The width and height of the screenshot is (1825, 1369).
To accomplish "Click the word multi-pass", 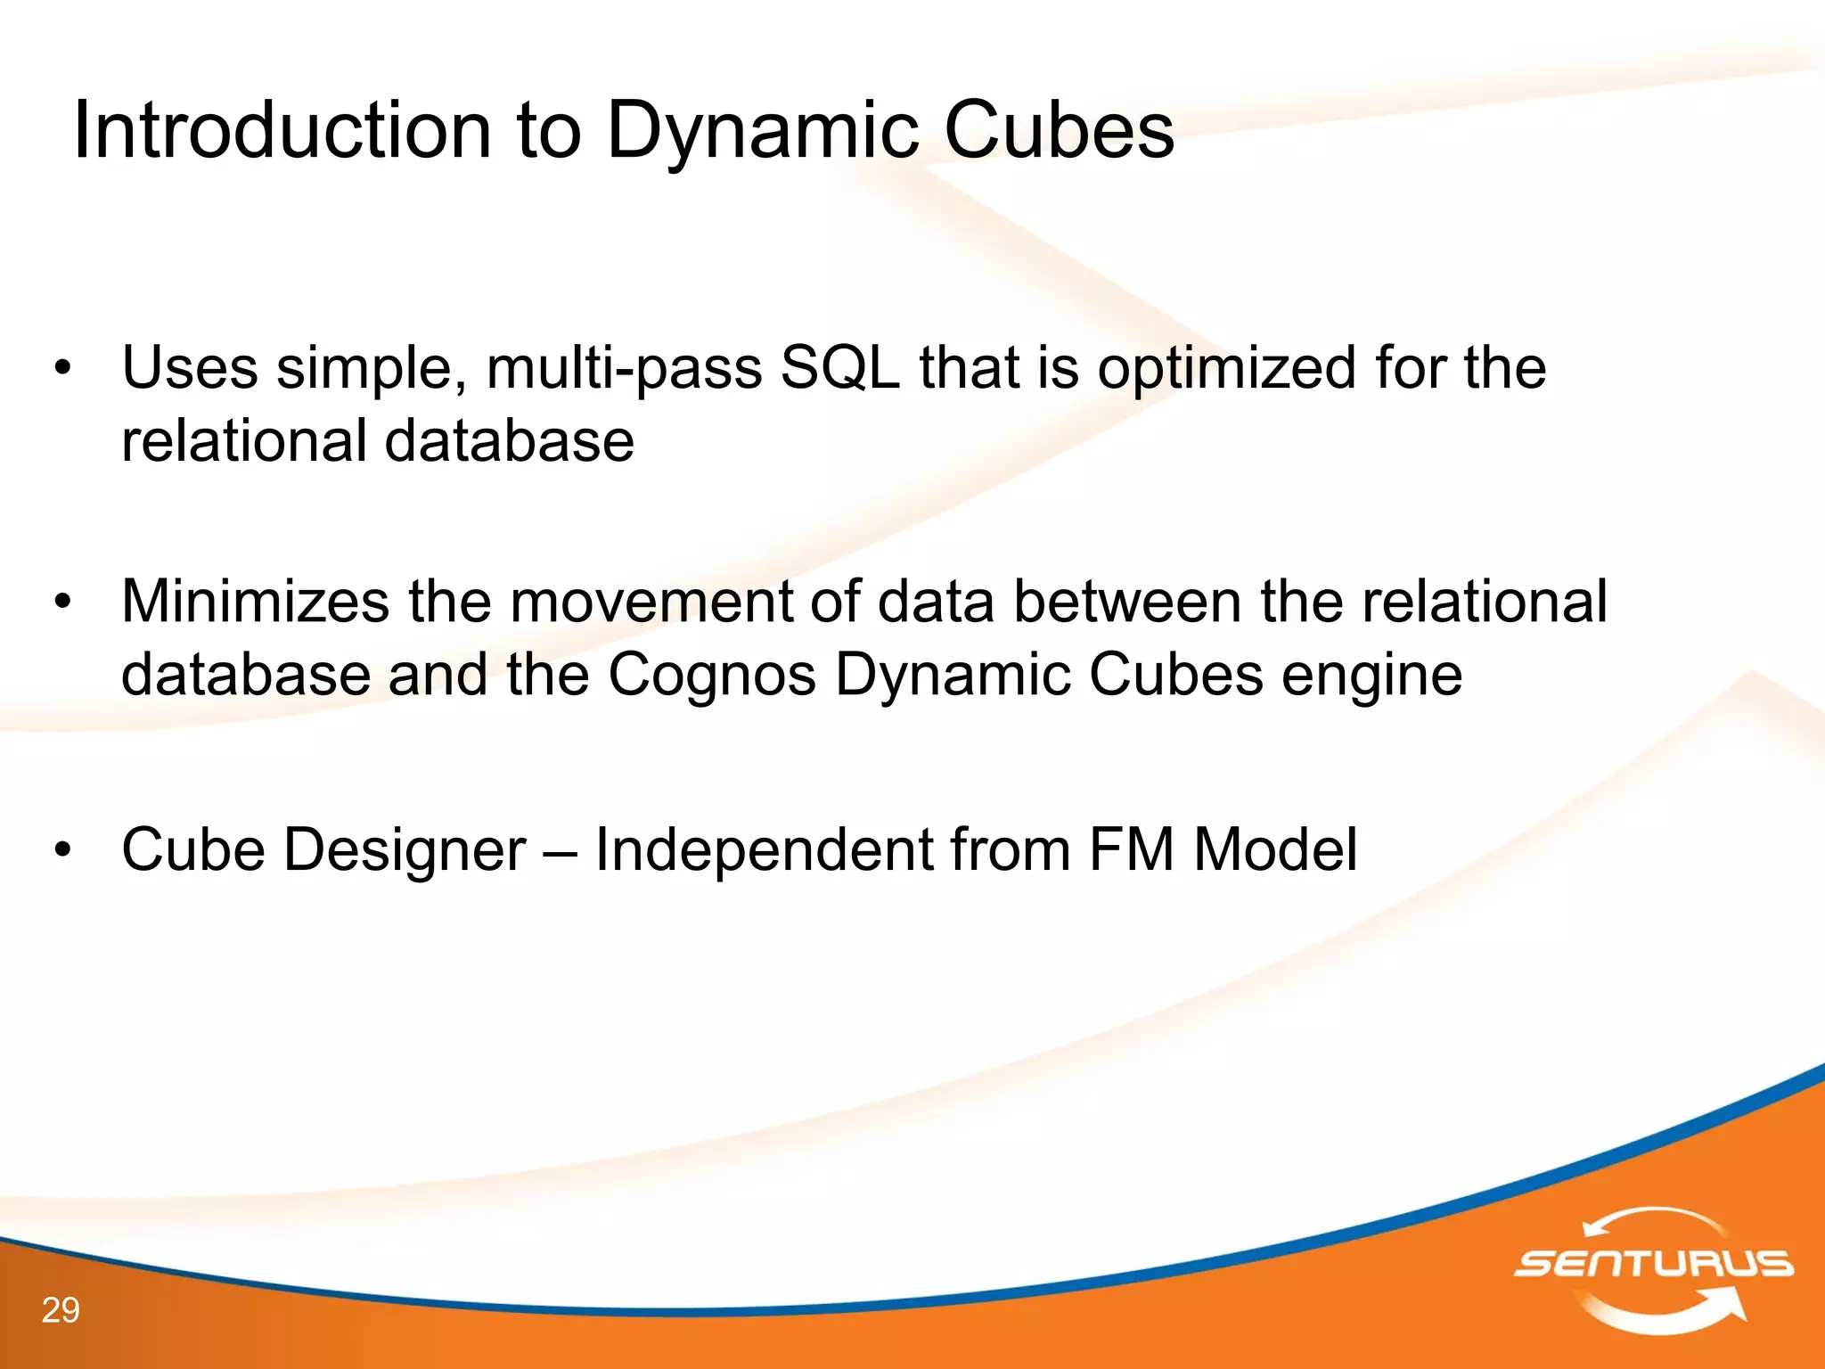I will pyautogui.click(x=624, y=368).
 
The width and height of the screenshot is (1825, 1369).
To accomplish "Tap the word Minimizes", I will pyautogui.click(x=255, y=602).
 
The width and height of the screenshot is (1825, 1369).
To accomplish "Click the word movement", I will pyautogui.click(x=650, y=602).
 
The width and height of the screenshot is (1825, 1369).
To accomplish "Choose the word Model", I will pyautogui.click(x=1275, y=849).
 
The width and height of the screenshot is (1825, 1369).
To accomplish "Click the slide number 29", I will pyautogui.click(x=61, y=1310).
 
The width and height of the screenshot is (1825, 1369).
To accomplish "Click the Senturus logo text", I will pyautogui.click(x=1653, y=1263).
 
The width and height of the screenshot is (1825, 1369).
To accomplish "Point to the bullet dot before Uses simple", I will pyautogui.click(x=61, y=368).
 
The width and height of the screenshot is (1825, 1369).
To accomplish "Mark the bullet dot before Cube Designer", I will pyautogui.click(x=61, y=849).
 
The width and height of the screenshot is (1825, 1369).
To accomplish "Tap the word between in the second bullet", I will pyautogui.click(x=1127, y=602).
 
